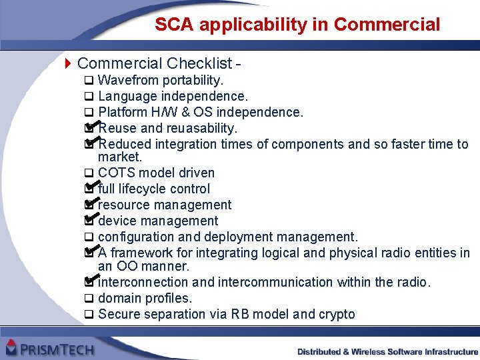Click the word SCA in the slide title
coord(174,25)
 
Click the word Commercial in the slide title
coord(387,25)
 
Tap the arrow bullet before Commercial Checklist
coord(67,64)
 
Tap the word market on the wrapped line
coord(119,157)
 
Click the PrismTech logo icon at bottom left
coord(11,347)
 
